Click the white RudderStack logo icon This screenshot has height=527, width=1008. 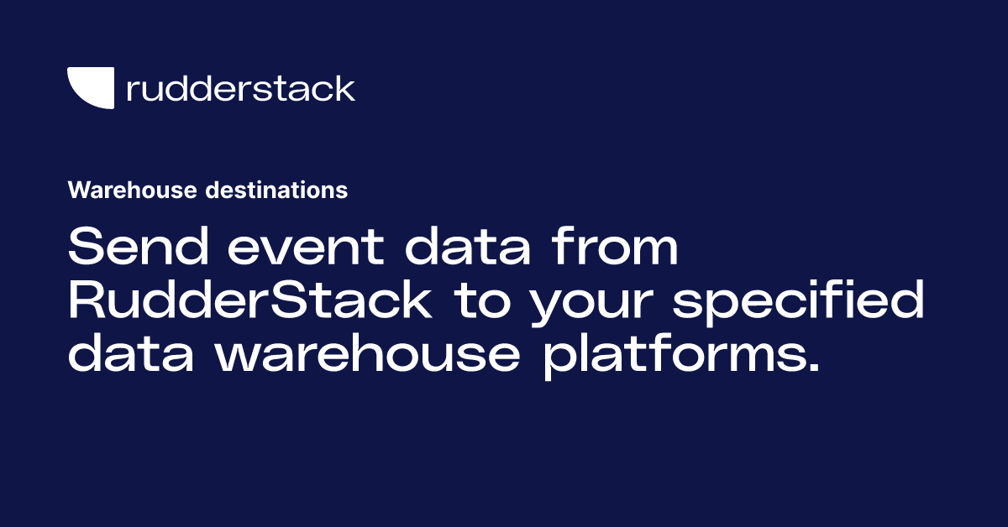(x=91, y=88)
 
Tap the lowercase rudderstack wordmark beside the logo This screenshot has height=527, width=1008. (x=240, y=88)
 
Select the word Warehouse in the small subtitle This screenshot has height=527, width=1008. (x=133, y=190)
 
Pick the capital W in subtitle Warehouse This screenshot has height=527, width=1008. (x=77, y=190)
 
